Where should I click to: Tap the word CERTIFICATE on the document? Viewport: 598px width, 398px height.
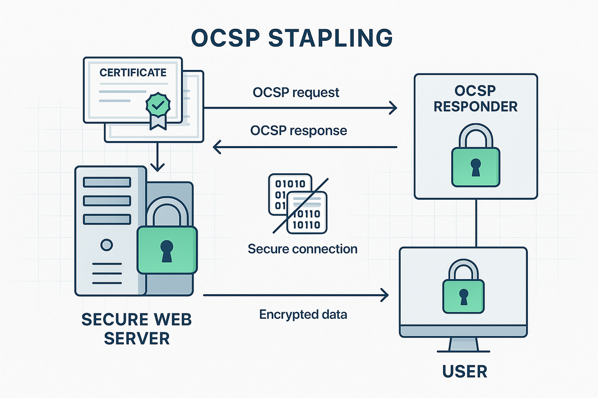(x=133, y=72)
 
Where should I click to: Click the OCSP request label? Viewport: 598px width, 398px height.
(x=296, y=92)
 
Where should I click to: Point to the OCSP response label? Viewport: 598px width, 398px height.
(x=298, y=131)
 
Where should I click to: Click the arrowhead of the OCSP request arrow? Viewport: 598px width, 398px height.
(x=393, y=109)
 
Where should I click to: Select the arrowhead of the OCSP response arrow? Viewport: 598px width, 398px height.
(x=217, y=147)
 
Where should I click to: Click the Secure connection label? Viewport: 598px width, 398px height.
(x=302, y=249)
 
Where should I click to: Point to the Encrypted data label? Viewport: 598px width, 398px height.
(x=302, y=314)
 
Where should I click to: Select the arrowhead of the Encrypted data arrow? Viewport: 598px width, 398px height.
(x=385, y=295)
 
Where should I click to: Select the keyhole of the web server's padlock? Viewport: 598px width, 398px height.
(x=167, y=249)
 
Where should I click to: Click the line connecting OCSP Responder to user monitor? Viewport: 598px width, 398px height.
(x=476, y=223)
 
